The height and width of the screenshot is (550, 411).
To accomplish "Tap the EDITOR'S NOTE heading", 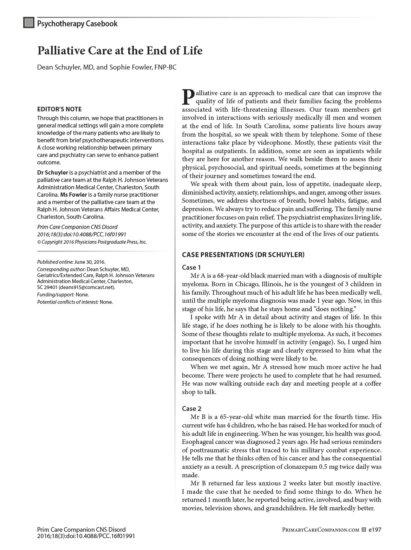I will [59, 109].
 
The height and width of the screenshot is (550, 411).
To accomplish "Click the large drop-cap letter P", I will [188, 97].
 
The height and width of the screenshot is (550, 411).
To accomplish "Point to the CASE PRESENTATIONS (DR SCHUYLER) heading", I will [243, 255].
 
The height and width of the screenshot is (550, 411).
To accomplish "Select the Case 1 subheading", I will [191, 268].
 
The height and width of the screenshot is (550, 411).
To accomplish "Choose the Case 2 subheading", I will [191, 409].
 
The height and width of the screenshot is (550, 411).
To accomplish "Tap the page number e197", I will [375, 530].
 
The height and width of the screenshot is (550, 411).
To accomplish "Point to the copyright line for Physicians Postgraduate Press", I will [92, 242].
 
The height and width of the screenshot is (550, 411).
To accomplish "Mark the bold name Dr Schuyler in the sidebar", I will [52, 172].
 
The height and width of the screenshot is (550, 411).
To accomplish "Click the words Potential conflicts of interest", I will [68, 302].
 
